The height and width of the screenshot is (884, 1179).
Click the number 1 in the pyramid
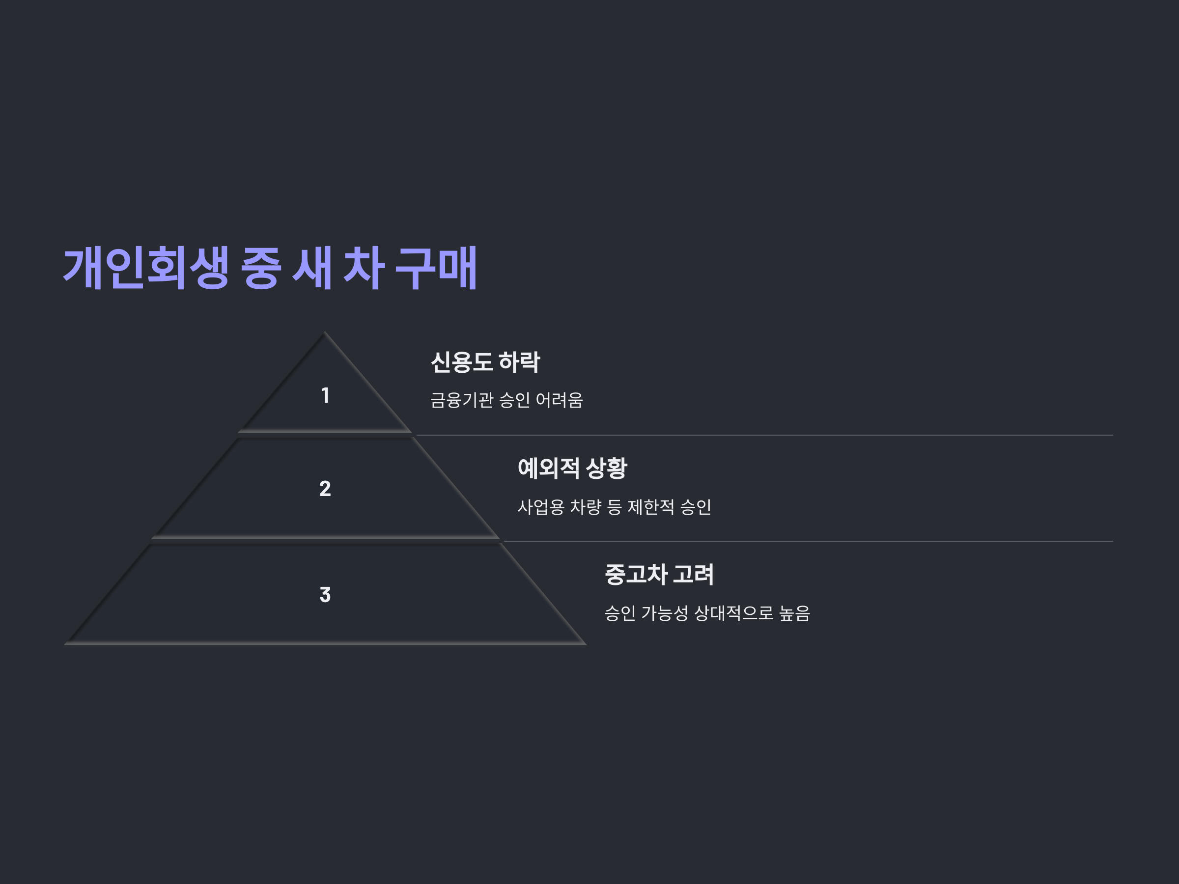click(325, 395)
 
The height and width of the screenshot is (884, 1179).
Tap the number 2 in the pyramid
click(325, 489)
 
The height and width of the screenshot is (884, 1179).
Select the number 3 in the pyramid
click(325, 595)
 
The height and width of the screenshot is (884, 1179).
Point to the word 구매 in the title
click(436, 268)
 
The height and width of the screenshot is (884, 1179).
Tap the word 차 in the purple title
click(364, 268)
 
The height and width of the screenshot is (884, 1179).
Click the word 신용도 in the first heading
click(461, 362)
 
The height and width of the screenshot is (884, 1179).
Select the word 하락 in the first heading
click(520, 362)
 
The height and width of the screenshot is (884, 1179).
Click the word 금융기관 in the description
click(462, 400)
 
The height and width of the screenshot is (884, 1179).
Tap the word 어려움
click(559, 400)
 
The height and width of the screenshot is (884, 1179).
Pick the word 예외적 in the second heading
click(548, 469)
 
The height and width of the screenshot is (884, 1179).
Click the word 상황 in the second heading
click(607, 469)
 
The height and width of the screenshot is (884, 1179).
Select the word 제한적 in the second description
click(651, 507)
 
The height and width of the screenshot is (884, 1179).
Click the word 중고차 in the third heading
click(636, 575)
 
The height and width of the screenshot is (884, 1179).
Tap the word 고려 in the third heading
click(694, 575)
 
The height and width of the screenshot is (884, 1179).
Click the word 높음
click(794, 613)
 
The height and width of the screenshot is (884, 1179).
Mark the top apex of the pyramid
click(325, 333)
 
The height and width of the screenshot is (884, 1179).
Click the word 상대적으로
click(733, 613)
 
